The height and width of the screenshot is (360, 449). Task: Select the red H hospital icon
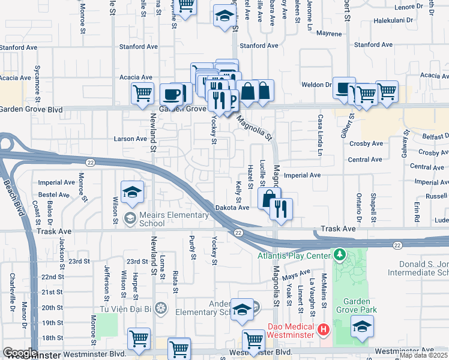pyautogui.click(x=324, y=329)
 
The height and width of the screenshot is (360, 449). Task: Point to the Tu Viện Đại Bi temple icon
pyautogui.click(x=160, y=308)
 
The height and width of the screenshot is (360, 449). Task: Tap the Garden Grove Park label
pyautogui.click(x=360, y=304)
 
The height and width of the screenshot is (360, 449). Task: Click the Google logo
pyautogui.click(x=20, y=353)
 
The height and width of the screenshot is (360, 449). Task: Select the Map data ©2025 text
pyautogui.click(x=423, y=355)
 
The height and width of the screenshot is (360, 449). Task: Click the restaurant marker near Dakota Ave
pyautogui.click(x=280, y=208)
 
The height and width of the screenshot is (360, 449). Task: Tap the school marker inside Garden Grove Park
pyautogui.click(x=362, y=326)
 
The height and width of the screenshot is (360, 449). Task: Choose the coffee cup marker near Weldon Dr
pyautogui.click(x=344, y=87)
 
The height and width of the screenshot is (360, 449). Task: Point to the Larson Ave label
pyautogui.click(x=130, y=139)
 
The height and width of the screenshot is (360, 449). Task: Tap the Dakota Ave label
pyautogui.click(x=232, y=208)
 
